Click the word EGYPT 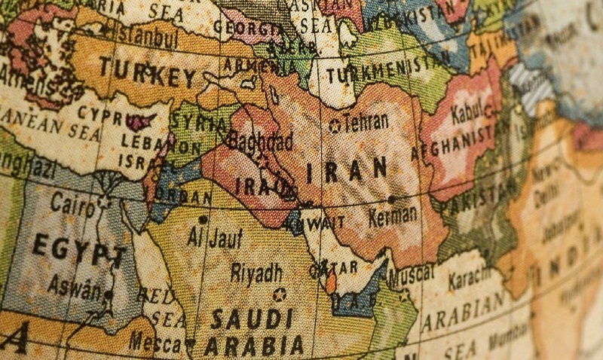[79, 250]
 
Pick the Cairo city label [73, 203]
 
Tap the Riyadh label [256, 272]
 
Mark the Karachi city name [472, 280]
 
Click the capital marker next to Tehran [335, 126]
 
